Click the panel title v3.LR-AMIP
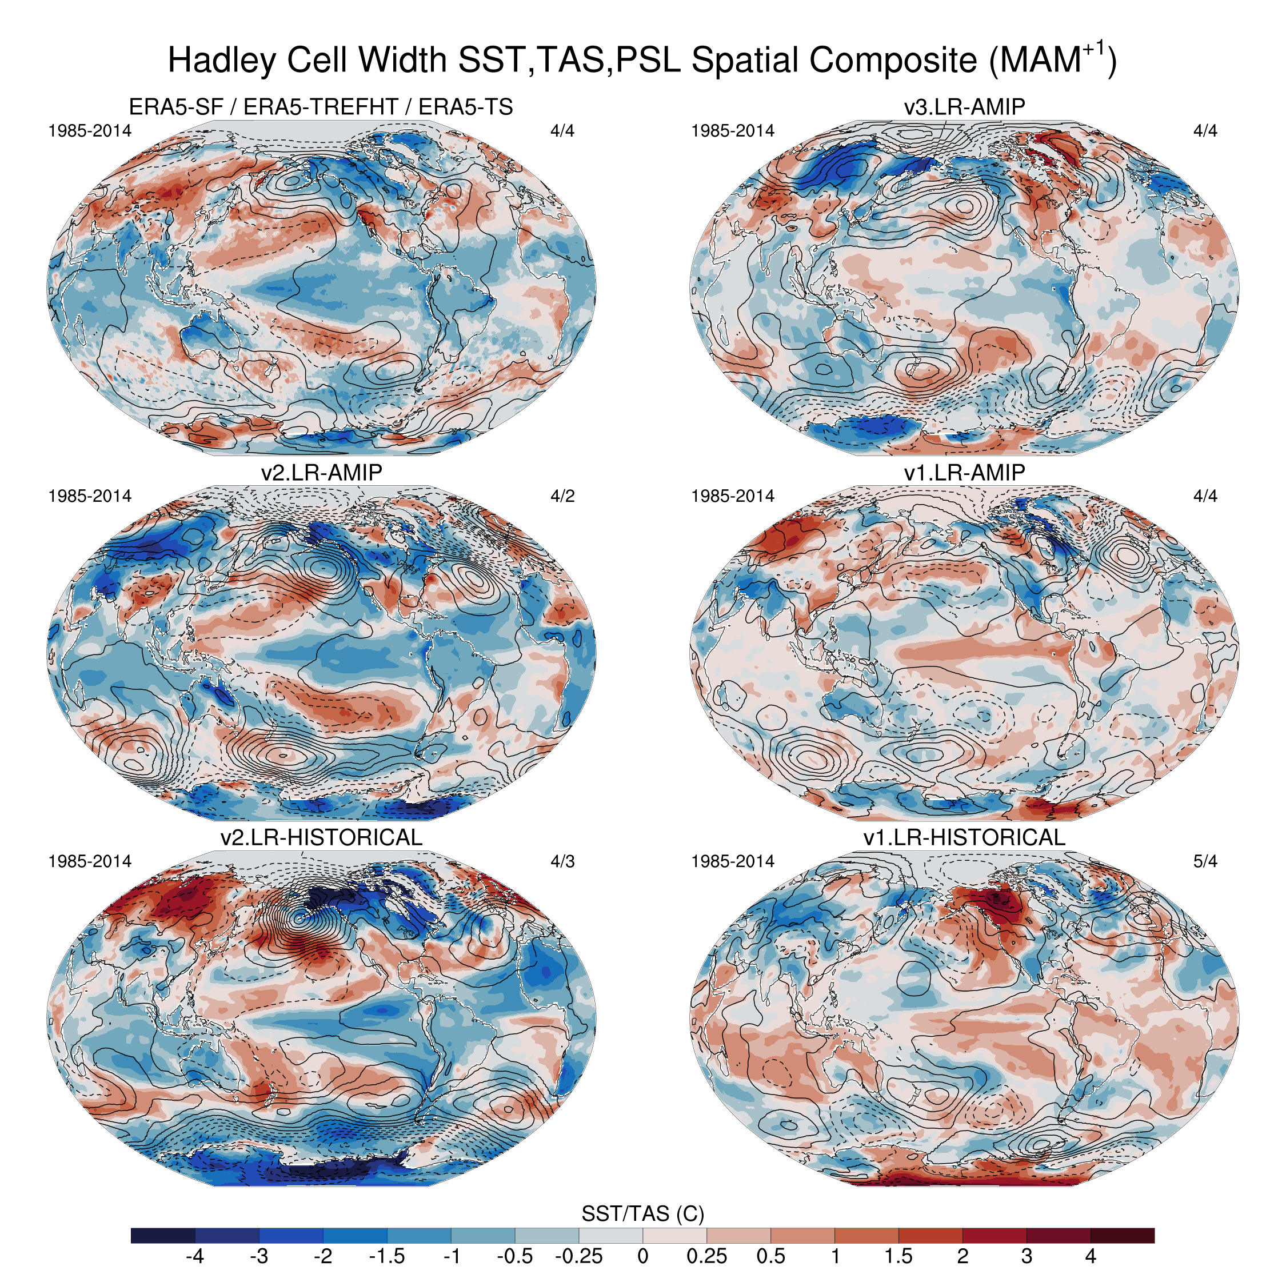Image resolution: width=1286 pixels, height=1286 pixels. click(x=965, y=106)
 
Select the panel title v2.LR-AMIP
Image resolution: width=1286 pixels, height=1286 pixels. click(x=321, y=472)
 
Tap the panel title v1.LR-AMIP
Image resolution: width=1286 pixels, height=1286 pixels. click(x=965, y=472)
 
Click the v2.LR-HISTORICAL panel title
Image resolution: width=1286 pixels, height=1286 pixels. click(x=321, y=837)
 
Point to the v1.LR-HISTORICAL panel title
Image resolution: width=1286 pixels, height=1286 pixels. click(x=965, y=837)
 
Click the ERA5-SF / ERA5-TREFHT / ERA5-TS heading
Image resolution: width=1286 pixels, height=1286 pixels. click(x=321, y=106)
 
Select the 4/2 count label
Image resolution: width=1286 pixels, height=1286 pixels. click(x=562, y=496)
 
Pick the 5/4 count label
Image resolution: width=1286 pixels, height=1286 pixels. click(x=1205, y=861)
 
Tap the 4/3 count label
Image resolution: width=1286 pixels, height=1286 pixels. click(x=562, y=861)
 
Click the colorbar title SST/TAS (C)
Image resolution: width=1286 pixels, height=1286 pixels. click(x=643, y=1213)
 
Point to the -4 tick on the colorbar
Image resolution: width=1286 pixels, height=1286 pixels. click(x=194, y=1256)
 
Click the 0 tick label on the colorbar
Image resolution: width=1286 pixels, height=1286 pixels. click(x=643, y=1256)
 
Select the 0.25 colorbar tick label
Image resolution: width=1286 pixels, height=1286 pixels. click(x=707, y=1256)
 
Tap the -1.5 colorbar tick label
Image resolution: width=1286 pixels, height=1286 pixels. click(x=387, y=1256)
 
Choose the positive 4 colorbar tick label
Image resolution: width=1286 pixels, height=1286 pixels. click(x=1091, y=1256)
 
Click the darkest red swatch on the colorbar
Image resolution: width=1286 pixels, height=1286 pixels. click(x=1123, y=1235)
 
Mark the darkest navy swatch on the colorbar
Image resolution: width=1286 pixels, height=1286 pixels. click(x=163, y=1235)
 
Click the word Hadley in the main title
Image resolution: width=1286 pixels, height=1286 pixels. click(x=222, y=61)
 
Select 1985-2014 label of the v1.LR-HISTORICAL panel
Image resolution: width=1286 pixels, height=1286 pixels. click(x=733, y=861)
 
